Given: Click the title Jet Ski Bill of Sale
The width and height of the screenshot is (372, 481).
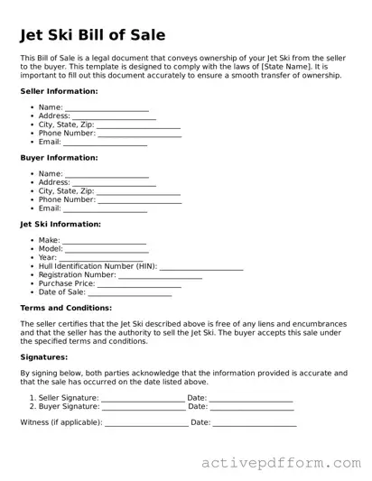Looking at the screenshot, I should click(x=93, y=36).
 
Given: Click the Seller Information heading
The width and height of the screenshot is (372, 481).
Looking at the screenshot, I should click(x=59, y=91).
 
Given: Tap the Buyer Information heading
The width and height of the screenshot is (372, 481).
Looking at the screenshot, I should click(x=59, y=158).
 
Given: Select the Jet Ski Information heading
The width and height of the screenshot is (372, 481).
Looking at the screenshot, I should click(x=60, y=224).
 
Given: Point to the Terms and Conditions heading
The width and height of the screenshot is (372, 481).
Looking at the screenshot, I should click(x=66, y=308).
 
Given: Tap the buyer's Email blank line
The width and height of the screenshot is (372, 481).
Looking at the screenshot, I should click(x=105, y=209).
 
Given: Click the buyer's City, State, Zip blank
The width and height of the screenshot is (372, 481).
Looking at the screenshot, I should click(x=138, y=192).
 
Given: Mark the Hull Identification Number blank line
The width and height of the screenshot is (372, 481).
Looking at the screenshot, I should click(x=200, y=267).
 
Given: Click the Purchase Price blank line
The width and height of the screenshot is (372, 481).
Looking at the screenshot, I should click(x=139, y=284).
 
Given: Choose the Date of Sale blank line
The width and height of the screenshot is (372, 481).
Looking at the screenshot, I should click(x=130, y=293).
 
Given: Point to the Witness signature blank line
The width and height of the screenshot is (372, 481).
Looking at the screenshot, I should click(x=146, y=423).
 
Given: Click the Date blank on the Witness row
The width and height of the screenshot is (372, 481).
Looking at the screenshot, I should click(x=255, y=423).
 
